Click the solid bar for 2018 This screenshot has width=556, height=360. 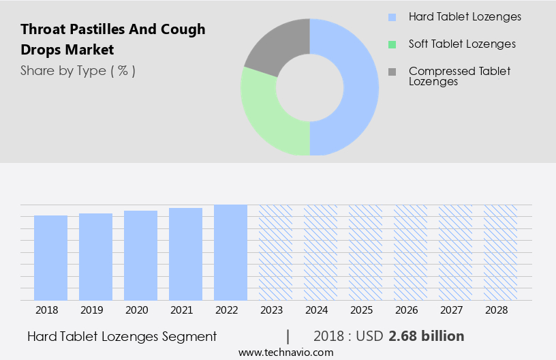pos(51,258)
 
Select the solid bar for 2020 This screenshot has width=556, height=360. pos(141,256)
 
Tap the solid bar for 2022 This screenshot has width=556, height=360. pos(230,252)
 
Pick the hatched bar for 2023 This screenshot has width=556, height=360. pos(275,252)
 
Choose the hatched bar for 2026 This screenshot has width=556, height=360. pos(410,252)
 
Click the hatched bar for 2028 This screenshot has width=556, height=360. pos(500,252)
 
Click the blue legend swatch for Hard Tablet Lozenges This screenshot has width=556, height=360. pos(391,16)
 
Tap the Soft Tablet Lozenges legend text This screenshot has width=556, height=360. pos(462,44)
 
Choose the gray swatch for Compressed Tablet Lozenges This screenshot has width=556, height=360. pos(391,71)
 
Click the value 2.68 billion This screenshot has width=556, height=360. pos(427,336)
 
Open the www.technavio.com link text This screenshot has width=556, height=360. pos(286,352)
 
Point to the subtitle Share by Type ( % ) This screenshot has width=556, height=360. pos(78,71)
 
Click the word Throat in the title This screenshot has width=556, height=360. pos(43,29)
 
